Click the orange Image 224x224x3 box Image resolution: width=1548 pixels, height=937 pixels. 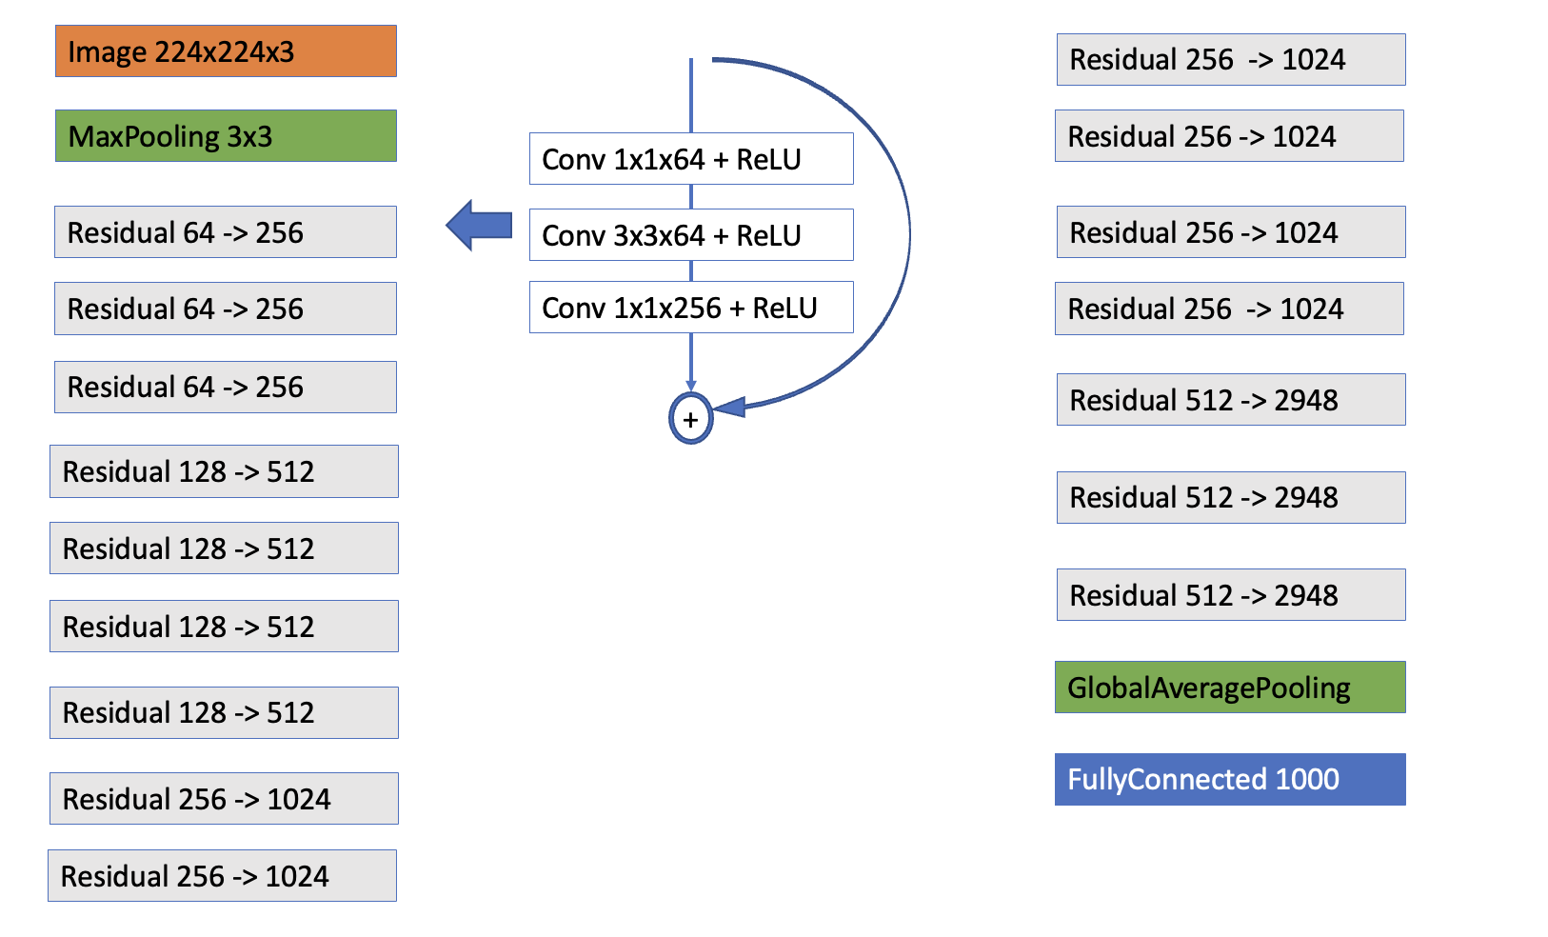pos(226,51)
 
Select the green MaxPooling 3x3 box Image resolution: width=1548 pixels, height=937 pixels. pos(226,136)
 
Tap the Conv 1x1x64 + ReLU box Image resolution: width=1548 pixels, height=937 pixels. pos(691,159)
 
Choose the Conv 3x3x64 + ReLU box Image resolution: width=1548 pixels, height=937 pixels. pos(691,235)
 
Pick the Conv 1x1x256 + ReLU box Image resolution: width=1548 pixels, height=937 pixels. pos(691,308)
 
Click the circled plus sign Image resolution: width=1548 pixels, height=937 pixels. pos(690,419)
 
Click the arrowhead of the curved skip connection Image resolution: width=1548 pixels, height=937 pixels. pos(729,408)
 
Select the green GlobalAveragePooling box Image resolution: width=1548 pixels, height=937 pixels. pos(1230,688)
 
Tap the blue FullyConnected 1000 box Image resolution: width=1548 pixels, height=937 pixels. pos(1230,780)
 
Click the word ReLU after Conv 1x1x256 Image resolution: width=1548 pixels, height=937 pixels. pos(784,309)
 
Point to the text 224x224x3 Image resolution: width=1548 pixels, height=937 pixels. pos(225,52)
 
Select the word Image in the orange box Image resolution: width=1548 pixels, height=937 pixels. pos(107,52)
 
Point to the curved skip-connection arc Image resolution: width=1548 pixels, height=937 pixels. pos(908,233)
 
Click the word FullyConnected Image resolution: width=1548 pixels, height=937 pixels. pos(1167,780)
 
